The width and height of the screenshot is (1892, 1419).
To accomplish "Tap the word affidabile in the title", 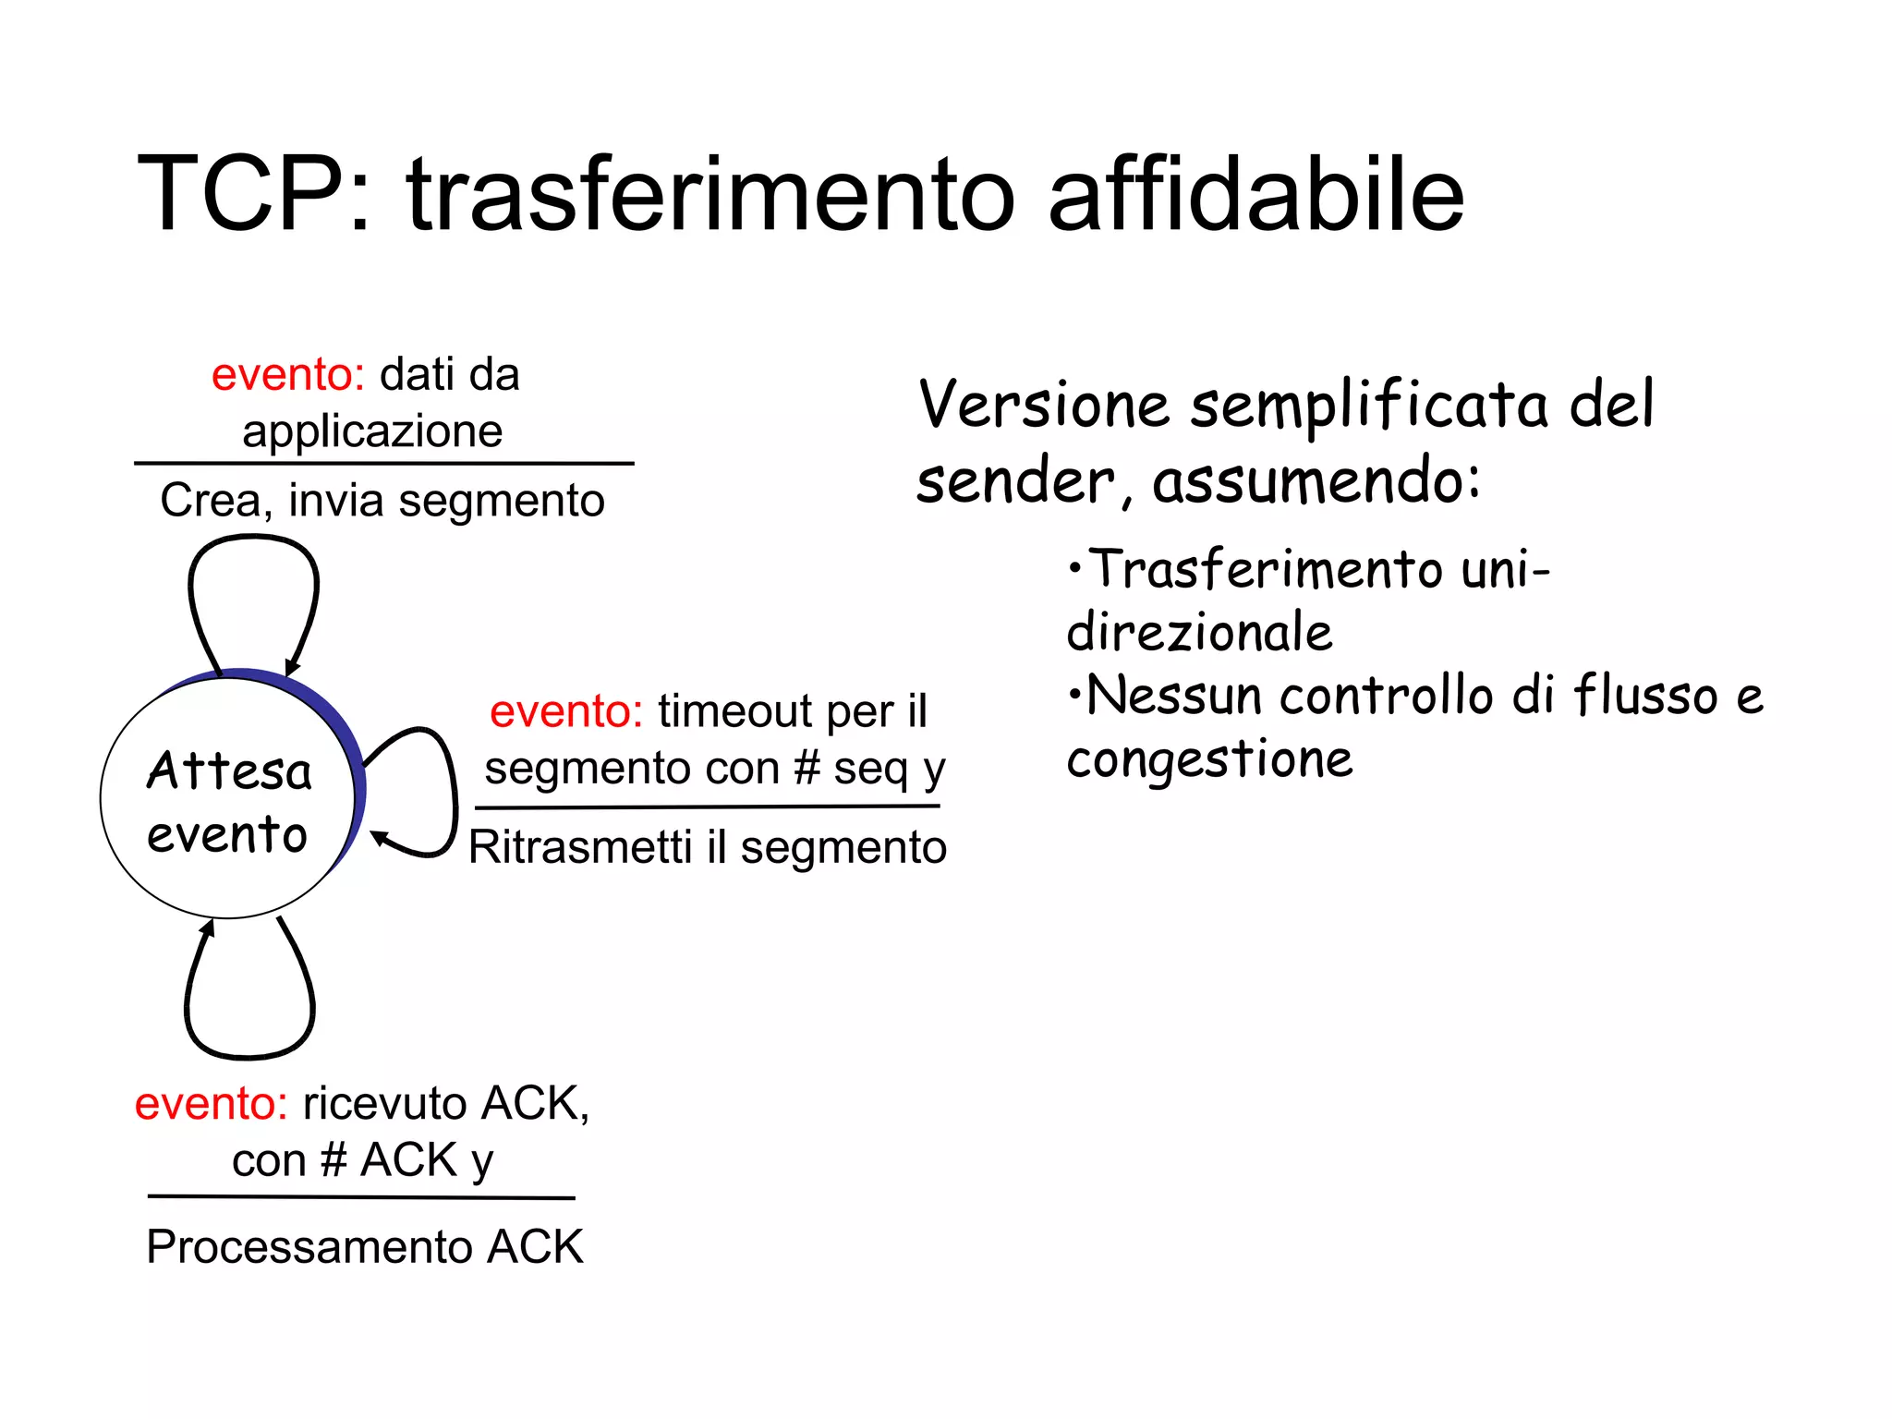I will (x=1255, y=194).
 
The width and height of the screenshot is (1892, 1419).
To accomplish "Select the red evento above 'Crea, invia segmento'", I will (x=287, y=375).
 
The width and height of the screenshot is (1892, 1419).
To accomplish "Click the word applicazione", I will (x=372, y=431).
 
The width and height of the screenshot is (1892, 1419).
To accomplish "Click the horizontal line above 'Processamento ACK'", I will (x=360, y=1197).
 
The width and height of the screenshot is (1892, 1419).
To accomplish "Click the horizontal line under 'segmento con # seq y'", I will (x=707, y=807).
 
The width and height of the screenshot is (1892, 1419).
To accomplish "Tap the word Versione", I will (x=1044, y=406).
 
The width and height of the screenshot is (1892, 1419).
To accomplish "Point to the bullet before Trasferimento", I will (x=1073, y=567).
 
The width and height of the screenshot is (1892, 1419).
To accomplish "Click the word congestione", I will (x=1209, y=760).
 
